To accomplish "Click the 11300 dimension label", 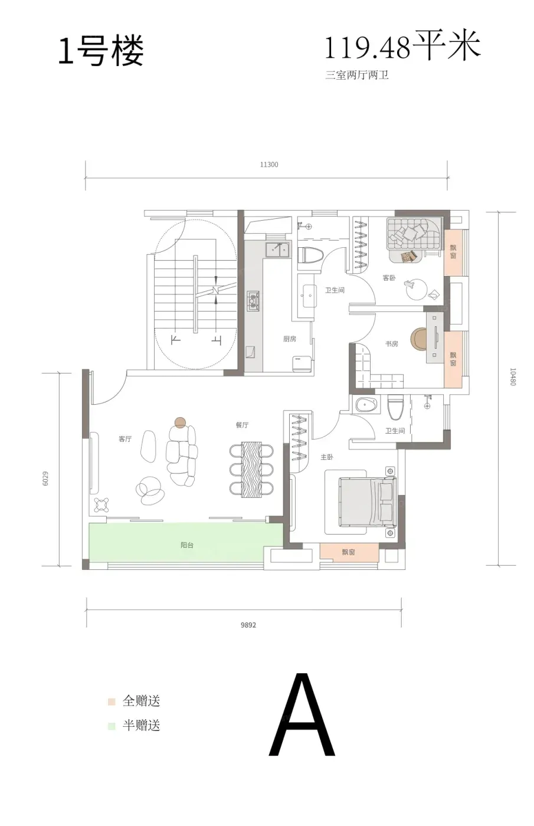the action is (x=269, y=165).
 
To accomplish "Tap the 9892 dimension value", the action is (x=248, y=625).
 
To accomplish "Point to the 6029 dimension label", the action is (x=45, y=478).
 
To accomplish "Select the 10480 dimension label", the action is (x=512, y=376).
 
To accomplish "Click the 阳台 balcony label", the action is (x=187, y=545).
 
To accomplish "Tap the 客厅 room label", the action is (x=125, y=439).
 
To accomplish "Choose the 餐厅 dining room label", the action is (x=242, y=425).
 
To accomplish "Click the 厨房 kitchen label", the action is (x=290, y=339).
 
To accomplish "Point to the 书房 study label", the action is (x=391, y=343).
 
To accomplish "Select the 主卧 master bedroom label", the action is (x=327, y=457).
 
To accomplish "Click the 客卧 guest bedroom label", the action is (x=389, y=278).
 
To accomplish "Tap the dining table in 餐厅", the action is (x=251, y=469).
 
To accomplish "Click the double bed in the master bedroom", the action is (x=368, y=501).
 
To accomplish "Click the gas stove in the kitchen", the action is (x=253, y=300).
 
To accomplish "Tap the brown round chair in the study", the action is (x=418, y=339).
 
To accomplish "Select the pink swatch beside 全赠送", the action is (x=112, y=702).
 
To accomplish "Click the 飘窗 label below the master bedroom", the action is (x=349, y=552).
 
